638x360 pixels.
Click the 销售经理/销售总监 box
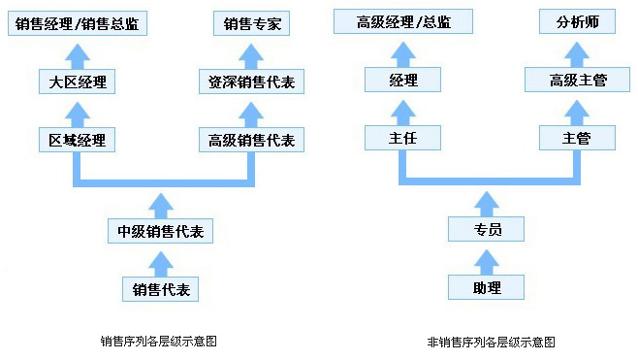tap(78, 22)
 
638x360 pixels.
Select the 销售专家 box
tap(252, 22)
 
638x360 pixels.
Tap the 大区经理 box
tap(78, 82)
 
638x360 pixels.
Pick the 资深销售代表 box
tap(252, 82)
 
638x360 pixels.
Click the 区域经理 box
tap(78, 140)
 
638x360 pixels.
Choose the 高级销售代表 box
tap(252, 140)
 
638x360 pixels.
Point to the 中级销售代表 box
tap(160, 231)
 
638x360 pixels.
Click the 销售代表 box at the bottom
tap(160, 288)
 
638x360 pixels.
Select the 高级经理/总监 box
tap(403, 21)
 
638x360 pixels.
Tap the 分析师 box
tap(578, 21)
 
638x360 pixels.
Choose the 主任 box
tap(403, 138)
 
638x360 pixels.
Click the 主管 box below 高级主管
tap(578, 138)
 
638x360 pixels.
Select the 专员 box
tap(486, 229)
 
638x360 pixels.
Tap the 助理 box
tap(486, 287)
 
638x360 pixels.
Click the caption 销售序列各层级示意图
tap(158, 342)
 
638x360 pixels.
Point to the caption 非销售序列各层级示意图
tap(491, 342)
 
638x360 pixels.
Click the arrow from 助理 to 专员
tap(486, 258)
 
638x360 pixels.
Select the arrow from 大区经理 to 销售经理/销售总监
tap(78, 52)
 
